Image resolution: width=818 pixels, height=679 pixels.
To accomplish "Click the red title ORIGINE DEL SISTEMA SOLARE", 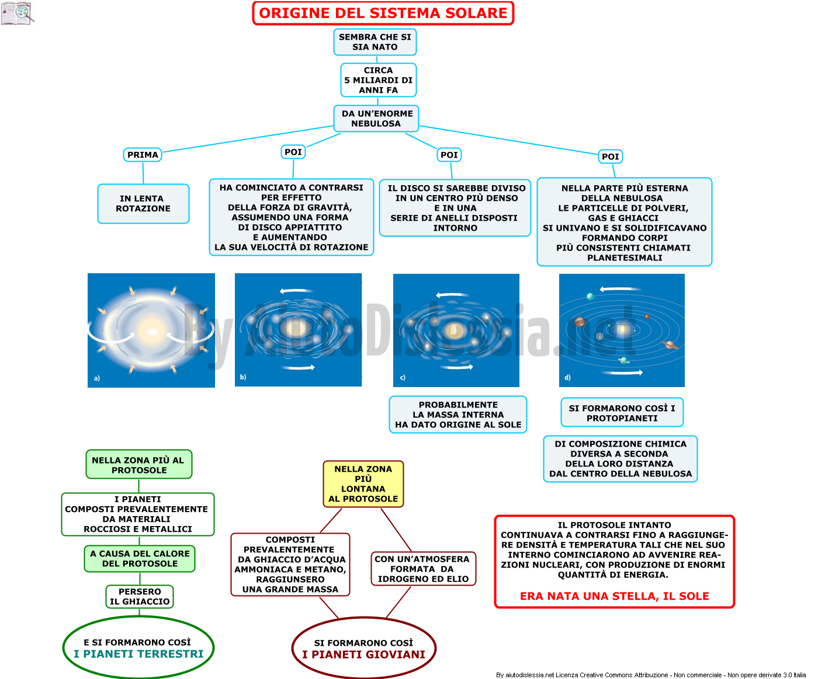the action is pyautogui.click(x=383, y=13).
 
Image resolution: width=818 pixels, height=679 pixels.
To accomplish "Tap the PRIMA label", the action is pyautogui.click(x=143, y=155).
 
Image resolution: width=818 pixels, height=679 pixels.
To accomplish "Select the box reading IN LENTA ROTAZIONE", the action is pyautogui.click(x=143, y=204).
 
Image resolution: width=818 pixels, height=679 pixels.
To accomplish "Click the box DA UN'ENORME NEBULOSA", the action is pyautogui.click(x=376, y=119).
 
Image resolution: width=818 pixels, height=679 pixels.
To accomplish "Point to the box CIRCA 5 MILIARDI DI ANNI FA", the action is pyautogui.click(x=378, y=80).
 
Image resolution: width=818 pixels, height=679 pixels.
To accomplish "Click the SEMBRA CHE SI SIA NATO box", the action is pyautogui.click(x=375, y=42).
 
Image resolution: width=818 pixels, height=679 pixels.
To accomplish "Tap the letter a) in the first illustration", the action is pyautogui.click(x=97, y=378).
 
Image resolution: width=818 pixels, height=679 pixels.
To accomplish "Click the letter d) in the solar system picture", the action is pyautogui.click(x=567, y=377).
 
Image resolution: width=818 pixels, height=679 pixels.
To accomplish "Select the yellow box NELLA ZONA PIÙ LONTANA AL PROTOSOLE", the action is pyautogui.click(x=363, y=483).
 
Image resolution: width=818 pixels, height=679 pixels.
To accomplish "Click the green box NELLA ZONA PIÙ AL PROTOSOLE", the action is pyautogui.click(x=139, y=464).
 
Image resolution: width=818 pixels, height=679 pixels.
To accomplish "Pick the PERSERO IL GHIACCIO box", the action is pyautogui.click(x=140, y=596).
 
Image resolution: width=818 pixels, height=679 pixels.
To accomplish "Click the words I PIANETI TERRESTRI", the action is pyautogui.click(x=138, y=653).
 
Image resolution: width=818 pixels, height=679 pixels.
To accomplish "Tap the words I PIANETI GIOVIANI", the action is pyautogui.click(x=363, y=654).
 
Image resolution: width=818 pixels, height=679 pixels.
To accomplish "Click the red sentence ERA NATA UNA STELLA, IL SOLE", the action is pyautogui.click(x=614, y=596).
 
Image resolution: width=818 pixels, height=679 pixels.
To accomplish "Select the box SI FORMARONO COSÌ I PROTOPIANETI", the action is pyautogui.click(x=622, y=413).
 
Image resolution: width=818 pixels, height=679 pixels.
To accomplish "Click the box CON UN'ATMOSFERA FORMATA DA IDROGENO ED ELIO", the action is pyautogui.click(x=423, y=569).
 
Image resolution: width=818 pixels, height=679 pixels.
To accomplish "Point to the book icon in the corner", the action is pyautogui.click(x=18, y=13).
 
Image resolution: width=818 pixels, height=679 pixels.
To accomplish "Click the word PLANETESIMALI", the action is pyautogui.click(x=625, y=257).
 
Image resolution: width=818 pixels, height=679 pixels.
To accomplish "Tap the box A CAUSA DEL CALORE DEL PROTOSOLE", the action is pyautogui.click(x=140, y=558).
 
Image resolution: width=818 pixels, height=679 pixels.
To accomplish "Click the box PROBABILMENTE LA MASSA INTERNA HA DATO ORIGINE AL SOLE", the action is pyautogui.click(x=458, y=415).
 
